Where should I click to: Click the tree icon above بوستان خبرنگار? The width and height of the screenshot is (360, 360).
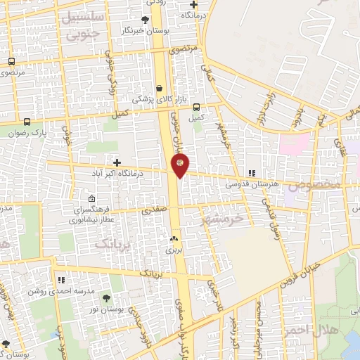145,20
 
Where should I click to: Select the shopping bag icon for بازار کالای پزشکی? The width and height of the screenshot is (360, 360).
160,88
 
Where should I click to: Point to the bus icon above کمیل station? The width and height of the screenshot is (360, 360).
196,108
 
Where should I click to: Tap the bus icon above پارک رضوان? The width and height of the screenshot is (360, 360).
27,121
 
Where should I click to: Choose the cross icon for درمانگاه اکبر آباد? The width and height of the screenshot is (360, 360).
117,162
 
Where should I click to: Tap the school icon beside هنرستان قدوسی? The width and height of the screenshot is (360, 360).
252,174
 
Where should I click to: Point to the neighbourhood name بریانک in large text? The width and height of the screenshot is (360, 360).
111,243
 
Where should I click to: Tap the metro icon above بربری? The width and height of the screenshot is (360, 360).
174,239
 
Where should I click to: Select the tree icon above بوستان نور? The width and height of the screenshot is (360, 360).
107,298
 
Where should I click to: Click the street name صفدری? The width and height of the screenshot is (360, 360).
155,209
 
